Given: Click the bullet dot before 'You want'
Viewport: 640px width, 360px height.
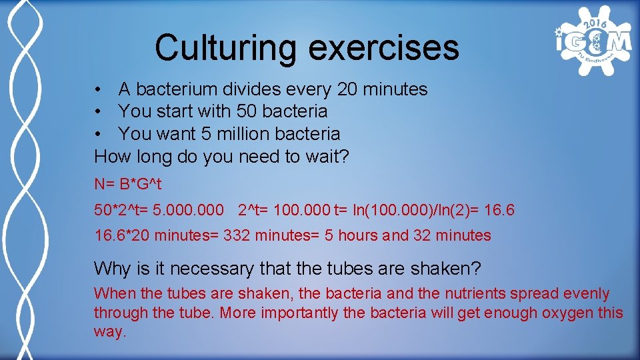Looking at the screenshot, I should [x=98, y=134].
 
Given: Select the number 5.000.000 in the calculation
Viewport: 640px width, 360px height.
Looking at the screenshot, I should [x=188, y=211].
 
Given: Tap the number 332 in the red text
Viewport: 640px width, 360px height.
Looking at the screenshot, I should [x=237, y=235].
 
